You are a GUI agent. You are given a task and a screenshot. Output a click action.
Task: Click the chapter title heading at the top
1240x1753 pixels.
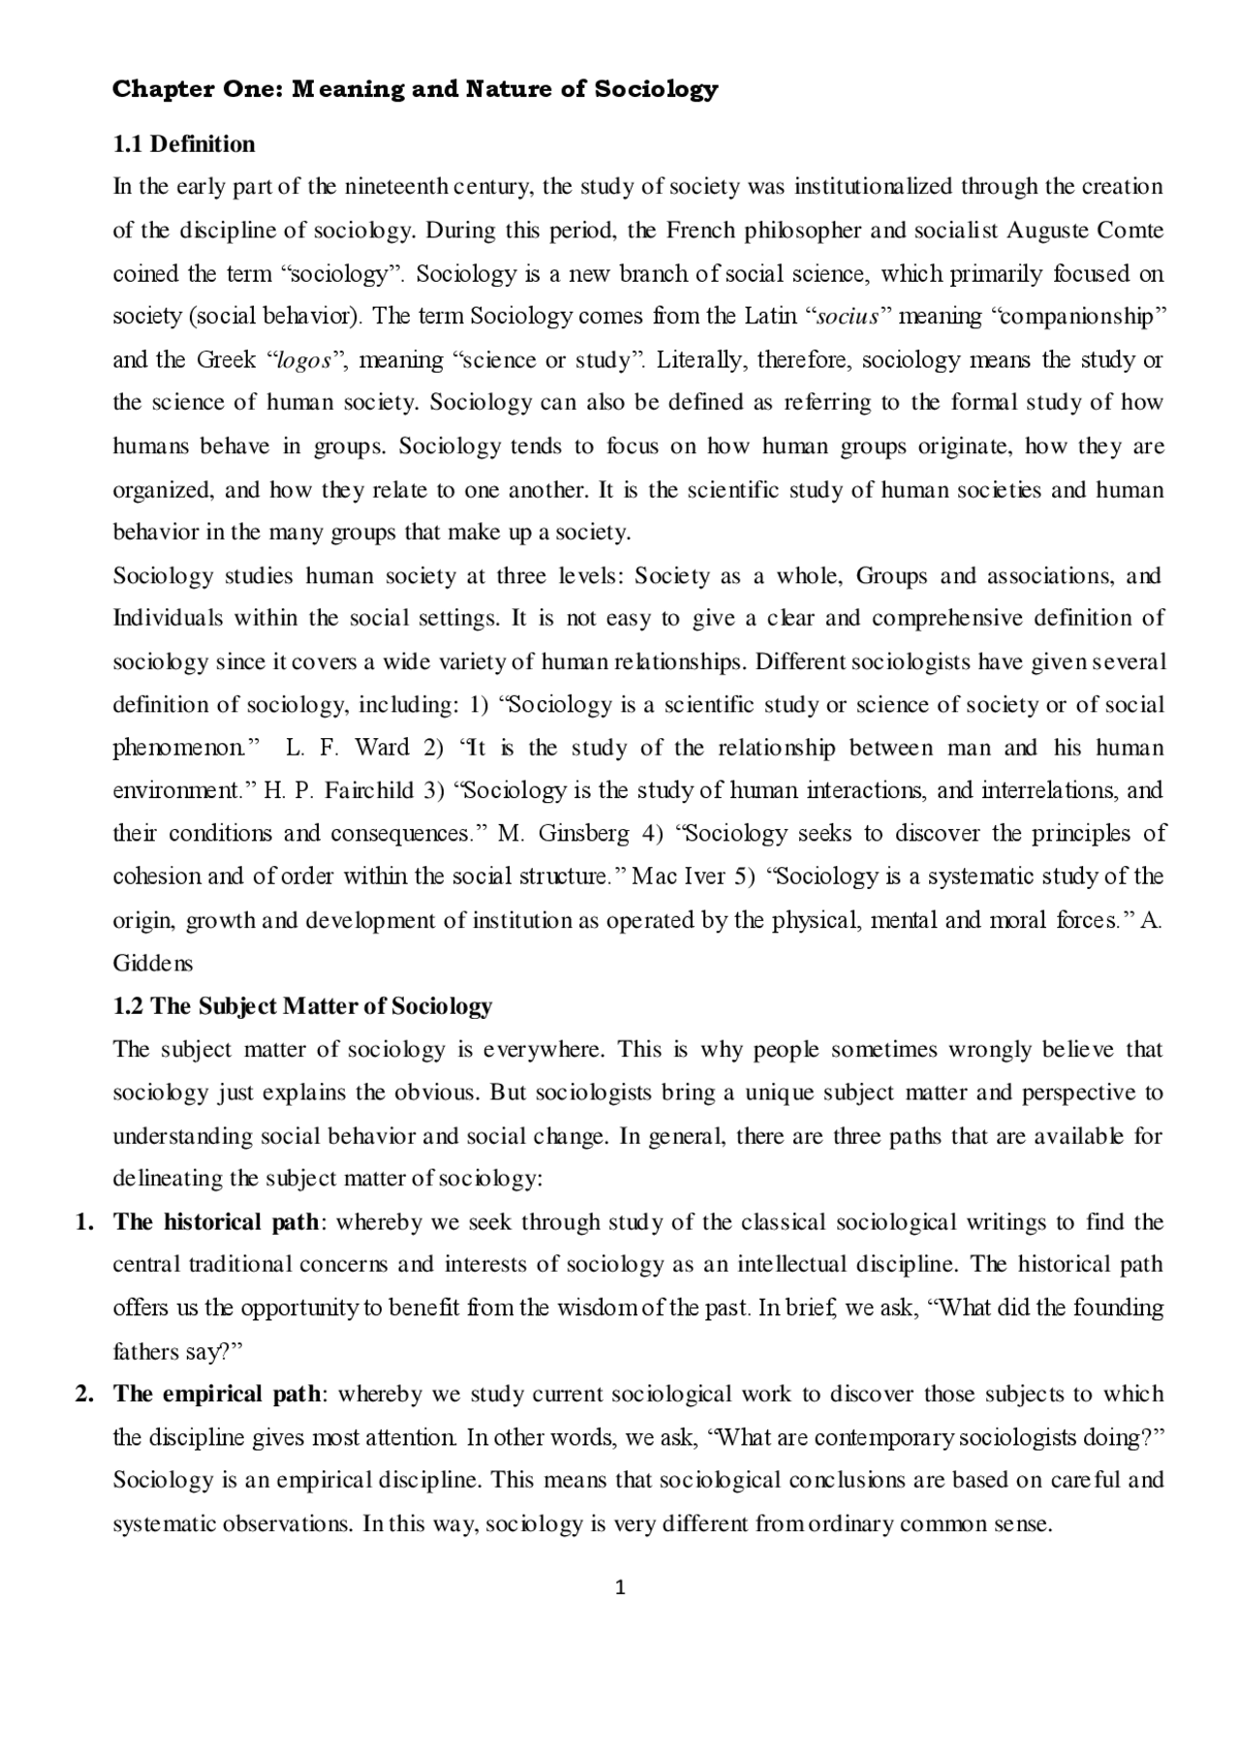coord(415,90)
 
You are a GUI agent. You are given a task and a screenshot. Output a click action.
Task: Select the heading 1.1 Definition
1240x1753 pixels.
coord(184,144)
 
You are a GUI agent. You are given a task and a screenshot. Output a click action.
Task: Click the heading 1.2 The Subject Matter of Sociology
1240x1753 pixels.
coord(302,1006)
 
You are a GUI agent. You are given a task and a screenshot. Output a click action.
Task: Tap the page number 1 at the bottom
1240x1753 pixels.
coord(621,1587)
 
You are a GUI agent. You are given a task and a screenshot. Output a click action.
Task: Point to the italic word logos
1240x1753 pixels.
coord(305,360)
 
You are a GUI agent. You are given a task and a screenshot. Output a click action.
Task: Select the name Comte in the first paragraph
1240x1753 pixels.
coord(1131,231)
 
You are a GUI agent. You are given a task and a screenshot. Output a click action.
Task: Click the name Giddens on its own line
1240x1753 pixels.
coord(153,964)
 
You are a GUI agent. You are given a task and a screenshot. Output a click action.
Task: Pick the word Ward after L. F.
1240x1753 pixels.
coord(382,748)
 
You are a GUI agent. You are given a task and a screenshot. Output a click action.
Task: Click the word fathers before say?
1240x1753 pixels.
coord(145,1351)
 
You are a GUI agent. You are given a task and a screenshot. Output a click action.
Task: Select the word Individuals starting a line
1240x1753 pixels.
coord(168,618)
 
